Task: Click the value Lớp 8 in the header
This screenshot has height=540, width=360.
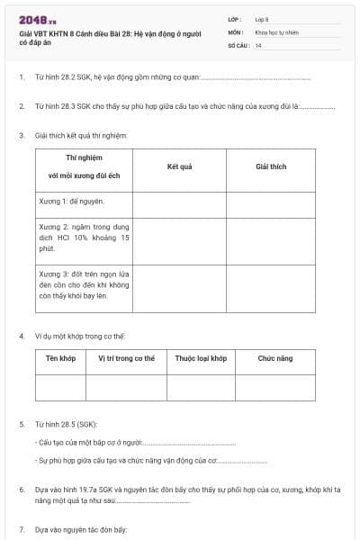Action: point(262,19)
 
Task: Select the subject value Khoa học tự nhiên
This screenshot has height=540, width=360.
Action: point(277,31)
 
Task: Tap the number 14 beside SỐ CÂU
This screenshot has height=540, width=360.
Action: point(258,44)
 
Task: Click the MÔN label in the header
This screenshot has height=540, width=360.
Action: point(236,31)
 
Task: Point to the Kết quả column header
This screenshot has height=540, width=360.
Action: point(179,166)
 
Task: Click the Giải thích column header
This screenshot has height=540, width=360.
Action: point(270,166)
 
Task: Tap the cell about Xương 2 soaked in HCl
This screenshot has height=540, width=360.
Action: point(84,241)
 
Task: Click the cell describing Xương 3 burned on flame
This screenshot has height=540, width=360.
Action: point(84,288)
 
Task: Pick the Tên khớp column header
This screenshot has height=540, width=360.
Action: point(60,358)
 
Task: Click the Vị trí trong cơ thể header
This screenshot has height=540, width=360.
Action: point(126,358)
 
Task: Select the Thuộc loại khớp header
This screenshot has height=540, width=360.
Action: point(200,358)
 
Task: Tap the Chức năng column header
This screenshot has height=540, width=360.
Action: point(274,358)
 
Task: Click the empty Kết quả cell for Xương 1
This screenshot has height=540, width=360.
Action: point(179,202)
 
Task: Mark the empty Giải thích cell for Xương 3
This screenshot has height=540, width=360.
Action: point(270,288)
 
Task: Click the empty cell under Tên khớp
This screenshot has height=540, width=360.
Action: point(60,387)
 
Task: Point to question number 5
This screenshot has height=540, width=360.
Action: point(22,423)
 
